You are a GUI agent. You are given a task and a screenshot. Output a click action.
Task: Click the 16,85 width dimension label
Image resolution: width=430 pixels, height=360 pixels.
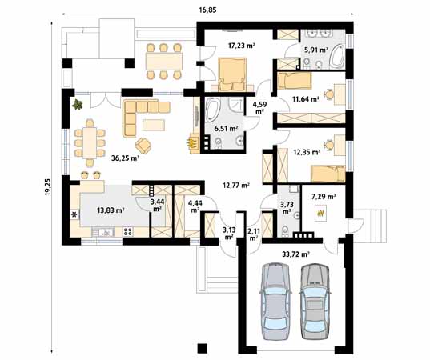click(207, 10)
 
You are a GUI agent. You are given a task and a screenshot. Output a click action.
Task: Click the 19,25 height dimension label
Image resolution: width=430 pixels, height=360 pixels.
click(48, 187)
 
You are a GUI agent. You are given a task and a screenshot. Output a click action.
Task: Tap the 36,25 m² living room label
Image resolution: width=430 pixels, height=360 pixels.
click(126, 158)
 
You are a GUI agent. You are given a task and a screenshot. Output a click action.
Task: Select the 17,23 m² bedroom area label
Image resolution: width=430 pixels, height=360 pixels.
click(242, 46)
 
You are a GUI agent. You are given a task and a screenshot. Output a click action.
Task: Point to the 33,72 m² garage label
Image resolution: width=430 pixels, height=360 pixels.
click(296, 254)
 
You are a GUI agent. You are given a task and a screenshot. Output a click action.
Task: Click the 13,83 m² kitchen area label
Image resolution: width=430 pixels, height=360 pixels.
click(111, 210)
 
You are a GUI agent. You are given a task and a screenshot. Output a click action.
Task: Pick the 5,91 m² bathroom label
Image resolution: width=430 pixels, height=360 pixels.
click(316, 50)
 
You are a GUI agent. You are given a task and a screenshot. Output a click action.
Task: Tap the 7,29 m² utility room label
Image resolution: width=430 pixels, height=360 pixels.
click(324, 197)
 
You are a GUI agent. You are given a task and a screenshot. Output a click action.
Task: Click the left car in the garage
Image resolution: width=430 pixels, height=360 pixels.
click(275, 302)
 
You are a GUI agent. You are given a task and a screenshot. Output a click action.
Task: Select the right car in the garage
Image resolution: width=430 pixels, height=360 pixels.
click(315, 302)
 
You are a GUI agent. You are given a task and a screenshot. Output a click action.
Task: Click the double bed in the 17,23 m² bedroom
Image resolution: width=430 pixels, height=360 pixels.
click(232, 74)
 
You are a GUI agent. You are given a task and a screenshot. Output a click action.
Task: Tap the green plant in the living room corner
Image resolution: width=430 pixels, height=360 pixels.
click(78, 104)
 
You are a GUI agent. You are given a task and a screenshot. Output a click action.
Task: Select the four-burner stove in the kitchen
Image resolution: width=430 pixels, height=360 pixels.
click(127, 232)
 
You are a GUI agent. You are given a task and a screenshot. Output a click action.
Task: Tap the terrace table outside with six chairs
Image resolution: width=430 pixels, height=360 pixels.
click(164, 62)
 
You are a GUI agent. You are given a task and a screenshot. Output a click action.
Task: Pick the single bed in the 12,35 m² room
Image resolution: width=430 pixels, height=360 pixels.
click(328, 174)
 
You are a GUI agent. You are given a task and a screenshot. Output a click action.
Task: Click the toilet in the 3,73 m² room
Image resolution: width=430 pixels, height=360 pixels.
click(286, 230)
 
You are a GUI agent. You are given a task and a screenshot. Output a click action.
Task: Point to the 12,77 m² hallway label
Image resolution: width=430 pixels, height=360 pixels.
click(235, 186)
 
